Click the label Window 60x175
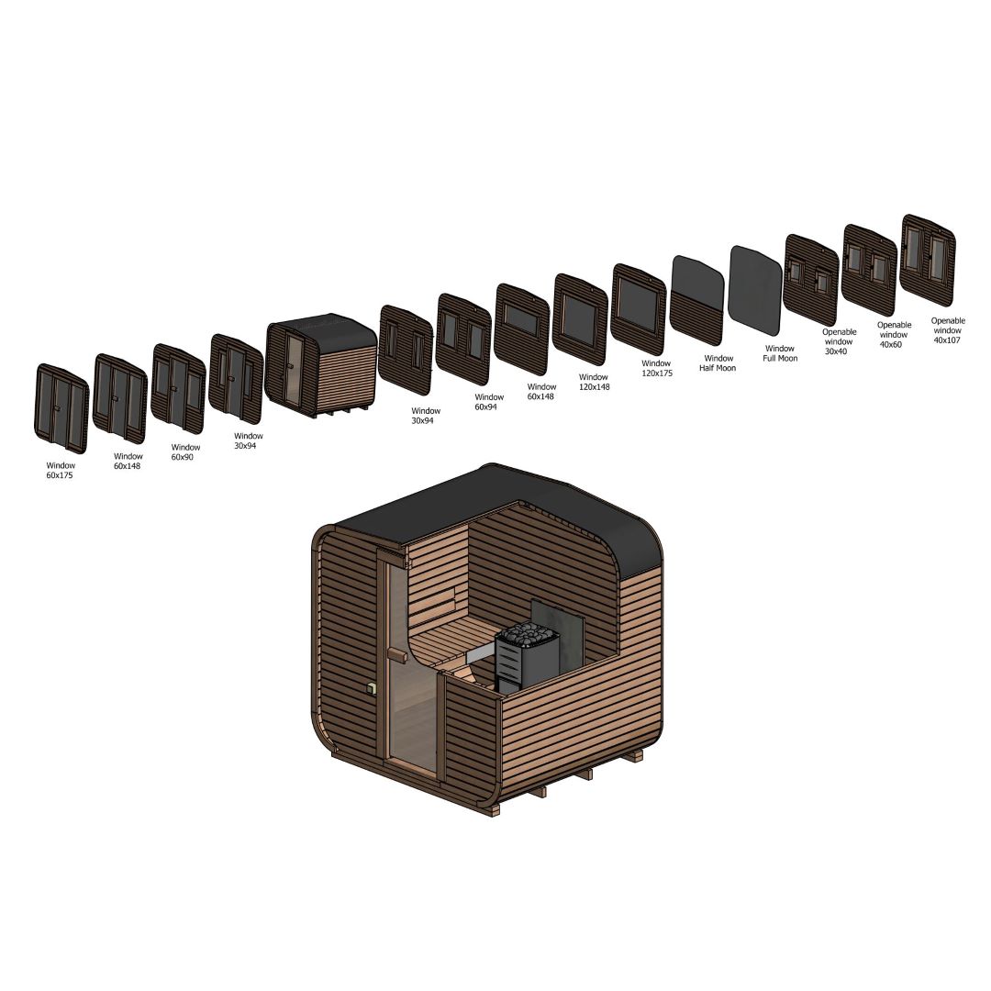point(60,470)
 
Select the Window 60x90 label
point(185,451)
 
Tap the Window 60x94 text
point(489,402)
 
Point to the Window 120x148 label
point(594,382)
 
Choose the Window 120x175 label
point(657,368)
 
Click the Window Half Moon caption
point(718,362)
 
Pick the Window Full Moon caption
point(780,352)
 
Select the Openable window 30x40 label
point(839,341)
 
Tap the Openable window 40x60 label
point(894,334)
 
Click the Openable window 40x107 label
point(947,330)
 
